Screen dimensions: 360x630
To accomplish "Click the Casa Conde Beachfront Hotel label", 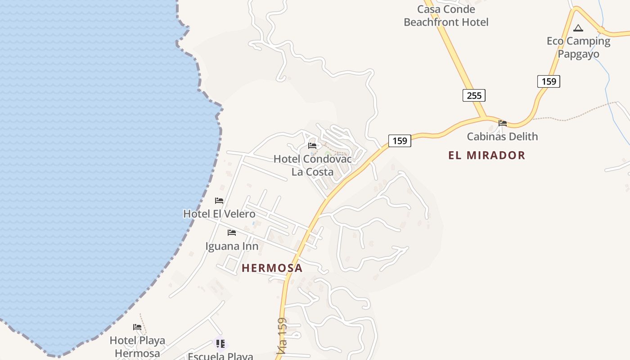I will point(446,16).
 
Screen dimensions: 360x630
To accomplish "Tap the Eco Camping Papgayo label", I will point(578,47).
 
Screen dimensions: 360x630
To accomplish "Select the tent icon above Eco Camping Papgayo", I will point(578,28).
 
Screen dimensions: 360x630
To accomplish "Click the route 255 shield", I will point(474,95).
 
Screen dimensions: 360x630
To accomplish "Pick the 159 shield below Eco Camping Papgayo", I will point(549,81).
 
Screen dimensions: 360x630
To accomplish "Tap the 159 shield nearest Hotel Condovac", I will point(399,141).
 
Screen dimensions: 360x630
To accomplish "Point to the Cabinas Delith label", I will point(502,136).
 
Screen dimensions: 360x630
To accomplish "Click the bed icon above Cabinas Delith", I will point(503,123).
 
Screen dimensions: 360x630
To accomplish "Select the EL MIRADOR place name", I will point(486,155).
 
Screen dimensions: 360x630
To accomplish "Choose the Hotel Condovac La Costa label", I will point(313,165).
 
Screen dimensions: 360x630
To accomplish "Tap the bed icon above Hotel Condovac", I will point(312,145).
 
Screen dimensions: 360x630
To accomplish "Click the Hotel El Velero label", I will point(219,214).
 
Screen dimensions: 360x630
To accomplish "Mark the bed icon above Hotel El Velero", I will point(219,200).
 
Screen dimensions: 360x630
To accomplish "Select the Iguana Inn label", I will point(232,246).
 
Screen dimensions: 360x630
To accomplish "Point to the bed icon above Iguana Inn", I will point(232,233).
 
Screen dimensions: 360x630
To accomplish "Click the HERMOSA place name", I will point(272,268).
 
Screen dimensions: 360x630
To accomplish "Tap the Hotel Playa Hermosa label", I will point(137,346).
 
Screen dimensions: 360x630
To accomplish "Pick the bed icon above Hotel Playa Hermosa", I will point(137,327).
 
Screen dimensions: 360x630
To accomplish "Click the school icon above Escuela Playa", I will point(220,344).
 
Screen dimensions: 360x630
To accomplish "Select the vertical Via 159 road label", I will point(282,337).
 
